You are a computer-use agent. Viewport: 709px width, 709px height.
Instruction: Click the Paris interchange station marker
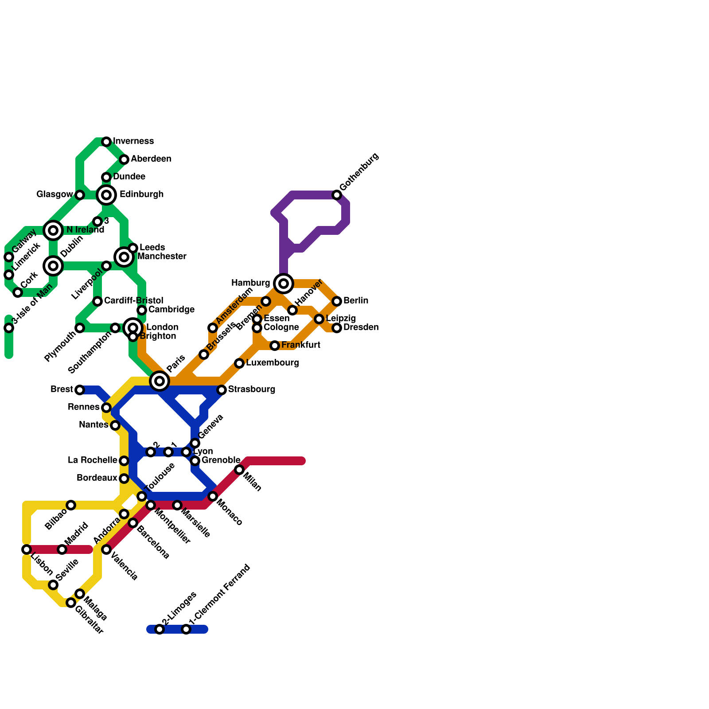(x=160, y=381)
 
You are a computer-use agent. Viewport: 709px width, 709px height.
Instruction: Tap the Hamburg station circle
(x=284, y=284)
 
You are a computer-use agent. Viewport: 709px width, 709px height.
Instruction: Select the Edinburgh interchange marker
(x=106, y=195)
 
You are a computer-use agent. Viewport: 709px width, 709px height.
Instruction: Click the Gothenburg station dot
(x=337, y=195)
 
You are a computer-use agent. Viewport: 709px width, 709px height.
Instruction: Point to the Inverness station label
(x=133, y=141)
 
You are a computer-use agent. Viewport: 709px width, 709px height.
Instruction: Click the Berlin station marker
(x=337, y=301)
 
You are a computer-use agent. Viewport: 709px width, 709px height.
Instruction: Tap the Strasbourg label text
(x=252, y=390)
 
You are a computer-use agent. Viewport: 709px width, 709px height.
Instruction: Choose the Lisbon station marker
(x=27, y=549)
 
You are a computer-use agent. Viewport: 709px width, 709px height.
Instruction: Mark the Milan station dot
(x=239, y=470)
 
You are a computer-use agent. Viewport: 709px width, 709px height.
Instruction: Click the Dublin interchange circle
(x=53, y=266)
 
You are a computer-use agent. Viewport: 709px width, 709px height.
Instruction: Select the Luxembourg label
(x=272, y=363)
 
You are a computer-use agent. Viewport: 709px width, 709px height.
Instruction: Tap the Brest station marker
(x=80, y=390)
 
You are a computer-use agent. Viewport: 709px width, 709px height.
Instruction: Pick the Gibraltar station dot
(x=71, y=603)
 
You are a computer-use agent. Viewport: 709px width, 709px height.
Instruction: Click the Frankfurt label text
(x=300, y=345)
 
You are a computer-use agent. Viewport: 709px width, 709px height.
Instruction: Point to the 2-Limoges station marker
(x=160, y=629)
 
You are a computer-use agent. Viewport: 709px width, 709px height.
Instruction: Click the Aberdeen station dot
(x=124, y=160)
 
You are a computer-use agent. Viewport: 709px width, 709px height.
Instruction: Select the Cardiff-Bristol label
(x=133, y=301)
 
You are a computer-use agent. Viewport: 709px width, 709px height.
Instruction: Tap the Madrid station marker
(x=62, y=549)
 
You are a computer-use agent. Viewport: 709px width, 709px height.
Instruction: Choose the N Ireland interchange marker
(x=53, y=230)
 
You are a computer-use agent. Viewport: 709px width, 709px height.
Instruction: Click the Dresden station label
(x=361, y=327)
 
